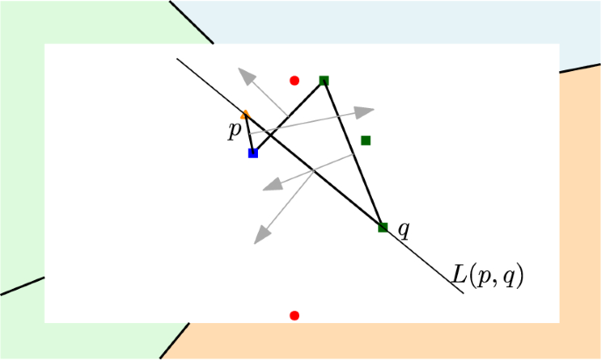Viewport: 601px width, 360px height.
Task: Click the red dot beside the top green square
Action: pos(295,81)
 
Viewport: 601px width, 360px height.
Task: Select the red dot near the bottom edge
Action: pos(295,315)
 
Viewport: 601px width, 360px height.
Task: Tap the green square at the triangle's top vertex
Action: pos(324,81)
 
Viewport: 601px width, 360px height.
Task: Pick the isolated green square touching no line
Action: pos(366,140)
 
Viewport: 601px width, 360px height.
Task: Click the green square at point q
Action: pos(383,227)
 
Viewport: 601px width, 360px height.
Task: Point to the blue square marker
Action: pos(254,153)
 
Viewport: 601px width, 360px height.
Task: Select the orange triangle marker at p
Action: pos(246,114)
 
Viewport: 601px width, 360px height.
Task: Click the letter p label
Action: pos(234,131)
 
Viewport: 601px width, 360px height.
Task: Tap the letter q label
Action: pos(404,230)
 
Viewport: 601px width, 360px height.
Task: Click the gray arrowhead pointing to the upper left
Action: pos(248,76)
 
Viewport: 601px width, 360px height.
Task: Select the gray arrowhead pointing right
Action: pos(364,112)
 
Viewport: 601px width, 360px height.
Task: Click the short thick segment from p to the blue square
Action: pos(250,134)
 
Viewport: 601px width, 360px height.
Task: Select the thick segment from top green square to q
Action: pos(353,154)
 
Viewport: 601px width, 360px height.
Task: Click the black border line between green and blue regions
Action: pos(192,21)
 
